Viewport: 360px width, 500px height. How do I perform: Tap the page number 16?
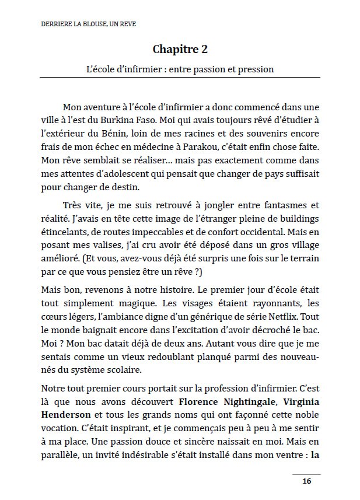click(x=306, y=481)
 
